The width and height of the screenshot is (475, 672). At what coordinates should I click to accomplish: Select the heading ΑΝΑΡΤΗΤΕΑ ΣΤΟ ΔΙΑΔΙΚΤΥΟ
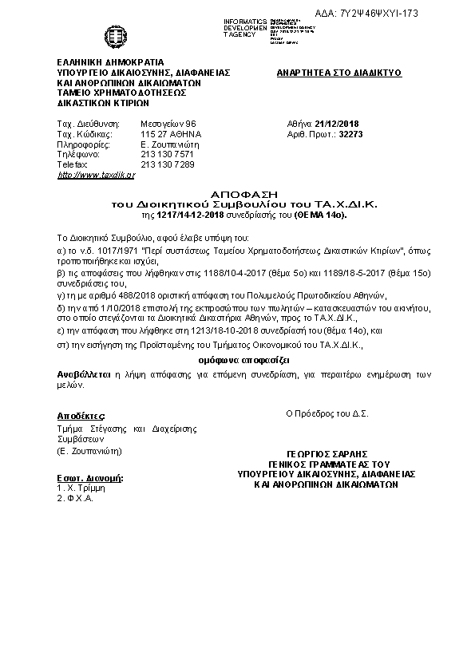tap(338, 73)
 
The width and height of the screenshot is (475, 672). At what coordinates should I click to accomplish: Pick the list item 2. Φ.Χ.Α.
tap(76, 498)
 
